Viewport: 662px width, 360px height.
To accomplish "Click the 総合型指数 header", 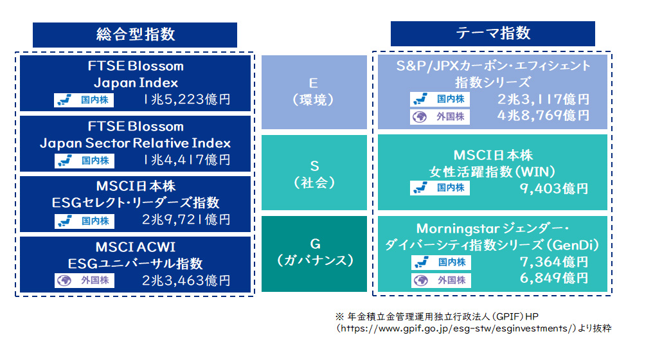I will [x=135, y=34].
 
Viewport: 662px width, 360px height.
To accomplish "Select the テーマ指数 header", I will [x=492, y=33].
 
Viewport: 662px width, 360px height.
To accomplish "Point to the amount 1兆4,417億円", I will [x=186, y=160].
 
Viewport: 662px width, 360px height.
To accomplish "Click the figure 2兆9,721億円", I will [x=186, y=221].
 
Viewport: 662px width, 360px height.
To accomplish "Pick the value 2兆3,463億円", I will [x=186, y=280].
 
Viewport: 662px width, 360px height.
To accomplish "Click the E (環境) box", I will [x=314, y=92].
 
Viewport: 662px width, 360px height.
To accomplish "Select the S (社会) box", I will [x=314, y=174].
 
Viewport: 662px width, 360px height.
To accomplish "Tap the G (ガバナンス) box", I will [x=314, y=253].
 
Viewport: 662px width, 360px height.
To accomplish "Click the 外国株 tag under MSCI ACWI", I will [x=84, y=280].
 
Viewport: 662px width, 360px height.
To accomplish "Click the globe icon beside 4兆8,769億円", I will [x=420, y=117].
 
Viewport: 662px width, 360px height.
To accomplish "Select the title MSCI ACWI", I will [x=135, y=248].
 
